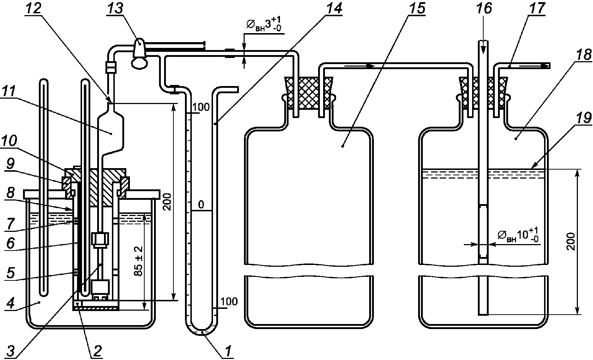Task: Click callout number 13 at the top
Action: [115, 8]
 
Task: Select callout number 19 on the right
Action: [584, 117]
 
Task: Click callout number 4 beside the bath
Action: [10, 303]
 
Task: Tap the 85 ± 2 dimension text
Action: [139, 261]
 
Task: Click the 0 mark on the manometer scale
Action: [201, 204]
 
